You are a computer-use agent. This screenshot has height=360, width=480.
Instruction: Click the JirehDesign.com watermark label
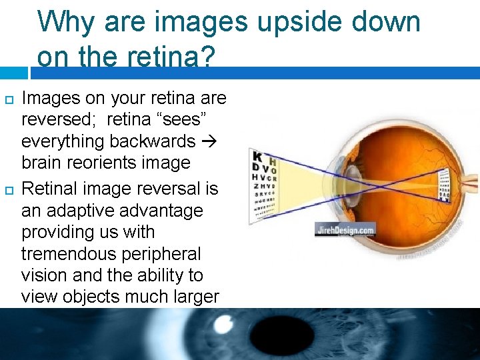click(345, 230)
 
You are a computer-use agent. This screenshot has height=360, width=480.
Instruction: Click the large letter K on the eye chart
click(257, 158)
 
